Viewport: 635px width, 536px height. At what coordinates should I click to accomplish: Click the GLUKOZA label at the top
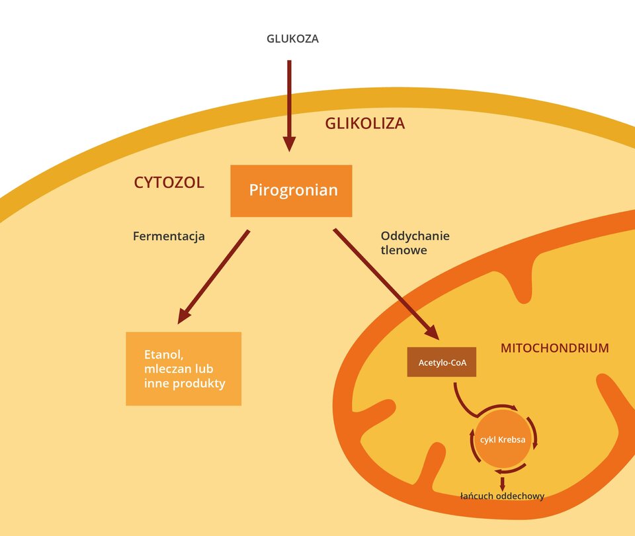coord(292,38)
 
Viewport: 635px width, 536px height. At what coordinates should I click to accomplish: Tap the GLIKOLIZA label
coord(364,123)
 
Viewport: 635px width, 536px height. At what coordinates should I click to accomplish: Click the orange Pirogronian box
coord(291,191)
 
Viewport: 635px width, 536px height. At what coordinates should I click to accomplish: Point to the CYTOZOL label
coord(169,183)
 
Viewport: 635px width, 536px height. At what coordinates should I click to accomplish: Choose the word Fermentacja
coord(169,236)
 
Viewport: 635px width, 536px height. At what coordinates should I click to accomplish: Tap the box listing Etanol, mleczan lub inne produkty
coord(183,369)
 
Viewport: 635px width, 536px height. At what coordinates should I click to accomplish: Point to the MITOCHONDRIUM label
coord(554,347)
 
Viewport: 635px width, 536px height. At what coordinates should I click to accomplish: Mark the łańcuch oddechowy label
coord(502,496)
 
